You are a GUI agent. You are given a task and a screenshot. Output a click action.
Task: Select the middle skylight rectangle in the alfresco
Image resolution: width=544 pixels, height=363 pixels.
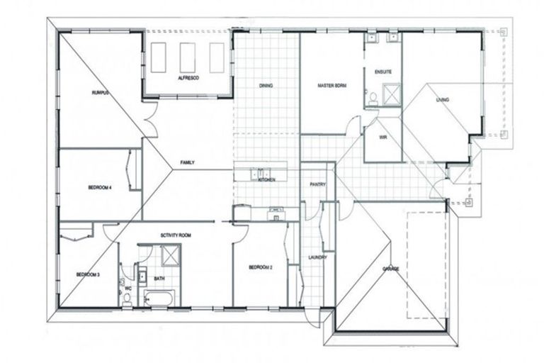[x=187, y=57]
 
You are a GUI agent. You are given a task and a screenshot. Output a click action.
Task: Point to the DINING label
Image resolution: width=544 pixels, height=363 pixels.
[x=266, y=86]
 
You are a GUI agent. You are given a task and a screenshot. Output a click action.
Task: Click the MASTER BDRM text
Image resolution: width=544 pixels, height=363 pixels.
[x=331, y=86]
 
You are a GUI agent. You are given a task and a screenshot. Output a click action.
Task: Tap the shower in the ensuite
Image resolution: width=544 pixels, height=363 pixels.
[x=390, y=94]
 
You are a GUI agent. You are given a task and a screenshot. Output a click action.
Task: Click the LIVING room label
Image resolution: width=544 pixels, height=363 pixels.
[x=442, y=100]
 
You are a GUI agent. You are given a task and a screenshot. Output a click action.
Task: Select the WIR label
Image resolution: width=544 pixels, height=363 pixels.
[x=382, y=138]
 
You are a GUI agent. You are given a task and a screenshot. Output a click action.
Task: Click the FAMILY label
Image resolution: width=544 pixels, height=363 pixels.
[x=187, y=163]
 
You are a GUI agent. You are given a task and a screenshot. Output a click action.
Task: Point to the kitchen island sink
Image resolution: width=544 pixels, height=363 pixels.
[x=260, y=173]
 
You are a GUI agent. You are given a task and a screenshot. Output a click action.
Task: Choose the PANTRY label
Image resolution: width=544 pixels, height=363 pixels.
[x=317, y=184]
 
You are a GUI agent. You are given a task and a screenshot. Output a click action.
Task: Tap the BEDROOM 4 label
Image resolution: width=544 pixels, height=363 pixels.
[x=100, y=187]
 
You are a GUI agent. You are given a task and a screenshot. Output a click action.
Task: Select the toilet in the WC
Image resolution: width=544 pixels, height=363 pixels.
[x=127, y=298]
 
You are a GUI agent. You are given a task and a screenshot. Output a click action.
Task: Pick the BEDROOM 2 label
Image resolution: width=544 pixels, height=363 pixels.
[x=261, y=267]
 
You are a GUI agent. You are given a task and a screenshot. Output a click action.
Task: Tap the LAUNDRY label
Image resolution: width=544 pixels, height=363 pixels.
[x=317, y=257]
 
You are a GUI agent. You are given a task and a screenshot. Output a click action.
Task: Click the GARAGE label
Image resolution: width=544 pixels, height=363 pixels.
[x=390, y=269]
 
